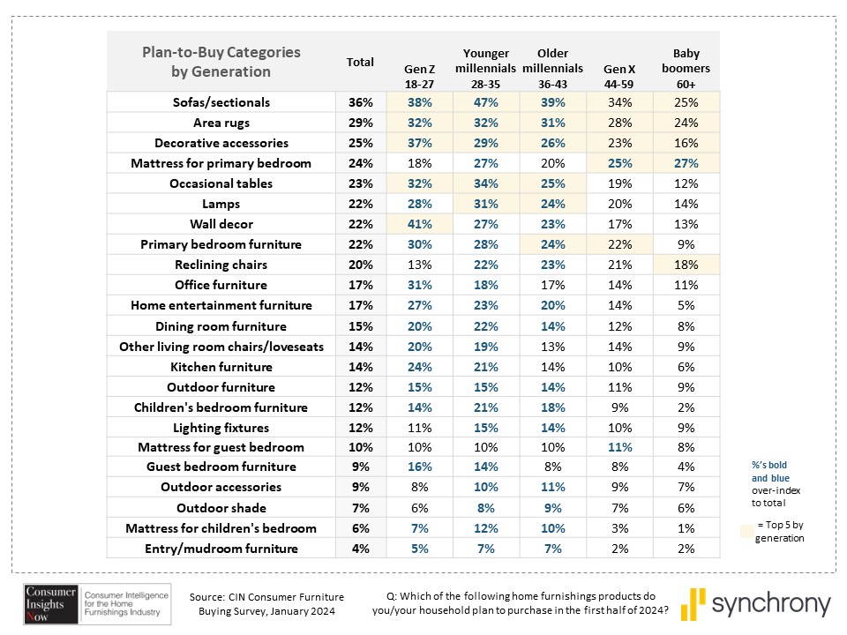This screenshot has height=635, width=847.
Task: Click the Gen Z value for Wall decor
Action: pyautogui.click(x=420, y=224)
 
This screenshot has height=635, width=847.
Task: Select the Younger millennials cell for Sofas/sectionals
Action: pyautogui.click(x=485, y=102)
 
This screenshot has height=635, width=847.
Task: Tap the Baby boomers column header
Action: pyautogui.click(x=686, y=69)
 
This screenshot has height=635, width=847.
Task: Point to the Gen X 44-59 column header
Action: pyautogui.click(x=619, y=77)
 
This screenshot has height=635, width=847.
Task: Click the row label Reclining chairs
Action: pyautogui.click(x=221, y=265)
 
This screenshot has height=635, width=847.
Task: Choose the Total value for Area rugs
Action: pyautogui.click(x=360, y=123)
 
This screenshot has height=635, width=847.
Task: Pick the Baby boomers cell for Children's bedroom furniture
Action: pyautogui.click(x=686, y=407)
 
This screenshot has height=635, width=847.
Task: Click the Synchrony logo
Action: pyautogui.click(x=755, y=603)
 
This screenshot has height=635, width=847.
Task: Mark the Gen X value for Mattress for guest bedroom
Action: pyautogui.click(x=619, y=447)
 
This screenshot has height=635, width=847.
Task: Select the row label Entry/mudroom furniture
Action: pyautogui.click(x=221, y=549)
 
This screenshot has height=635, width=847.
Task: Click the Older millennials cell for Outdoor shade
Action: pyautogui.click(x=552, y=508)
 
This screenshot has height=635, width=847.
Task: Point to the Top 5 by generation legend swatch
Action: pyautogui.click(x=747, y=531)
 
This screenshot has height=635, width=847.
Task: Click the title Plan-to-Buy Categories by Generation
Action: pyautogui.click(x=221, y=62)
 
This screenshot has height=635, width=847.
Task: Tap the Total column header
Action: pyautogui.click(x=360, y=62)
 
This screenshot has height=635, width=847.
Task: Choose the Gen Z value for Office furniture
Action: pyautogui.click(x=420, y=285)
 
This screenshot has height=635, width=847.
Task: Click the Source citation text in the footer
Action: pyautogui.click(x=266, y=604)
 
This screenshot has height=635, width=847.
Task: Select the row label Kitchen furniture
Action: pyautogui.click(x=221, y=367)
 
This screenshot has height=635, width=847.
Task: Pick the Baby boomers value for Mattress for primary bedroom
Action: pyautogui.click(x=686, y=163)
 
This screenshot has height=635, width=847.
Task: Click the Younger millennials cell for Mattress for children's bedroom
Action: pyautogui.click(x=485, y=528)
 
